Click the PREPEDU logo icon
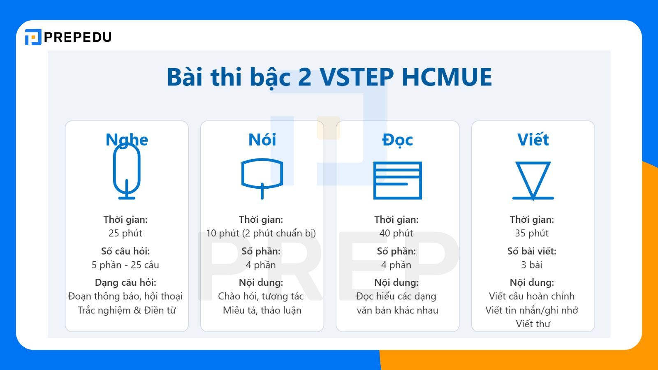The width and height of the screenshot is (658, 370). tap(33, 37)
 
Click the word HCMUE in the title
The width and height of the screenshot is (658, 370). tap(447, 77)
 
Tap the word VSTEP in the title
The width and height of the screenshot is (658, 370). tap(357, 77)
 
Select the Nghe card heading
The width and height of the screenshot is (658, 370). tap(127, 140)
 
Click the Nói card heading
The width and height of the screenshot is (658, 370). tap(262, 140)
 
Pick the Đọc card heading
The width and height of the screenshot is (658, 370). tap(397, 140)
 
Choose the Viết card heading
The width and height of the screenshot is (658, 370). tap(533, 140)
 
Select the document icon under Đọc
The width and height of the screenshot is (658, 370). tap(397, 180)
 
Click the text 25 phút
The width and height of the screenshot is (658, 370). tap(125, 233)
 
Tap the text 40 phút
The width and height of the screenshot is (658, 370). tap(396, 233)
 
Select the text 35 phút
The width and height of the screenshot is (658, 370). tap(532, 233)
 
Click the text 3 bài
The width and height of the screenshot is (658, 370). tap(532, 265)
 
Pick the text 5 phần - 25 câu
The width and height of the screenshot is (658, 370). tap(125, 265)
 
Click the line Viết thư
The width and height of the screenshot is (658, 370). tap(533, 324)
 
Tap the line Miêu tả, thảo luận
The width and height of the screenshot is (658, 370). tap(262, 310)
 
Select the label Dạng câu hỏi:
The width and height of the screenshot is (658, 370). tap(125, 282)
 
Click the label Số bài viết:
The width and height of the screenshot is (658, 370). tap(532, 251)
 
